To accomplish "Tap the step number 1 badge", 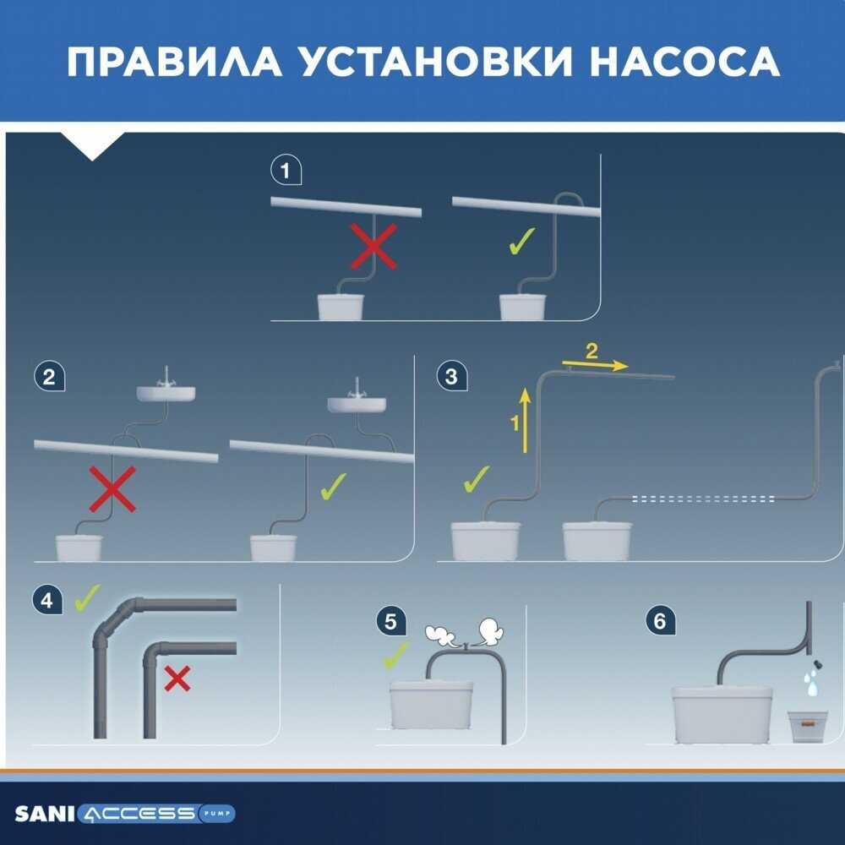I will point(285,171).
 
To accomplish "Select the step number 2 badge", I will point(49,376).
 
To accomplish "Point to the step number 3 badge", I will point(451,376).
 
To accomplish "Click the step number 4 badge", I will point(47,601).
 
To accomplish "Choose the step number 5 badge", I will point(390,622).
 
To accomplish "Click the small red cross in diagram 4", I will point(177,679).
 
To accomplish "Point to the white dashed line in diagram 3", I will point(705,500).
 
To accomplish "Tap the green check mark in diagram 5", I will point(395,655).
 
